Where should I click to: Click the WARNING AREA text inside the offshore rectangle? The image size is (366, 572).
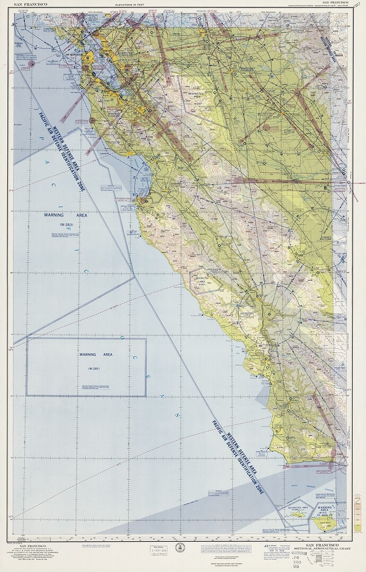(x=96, y=354)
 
